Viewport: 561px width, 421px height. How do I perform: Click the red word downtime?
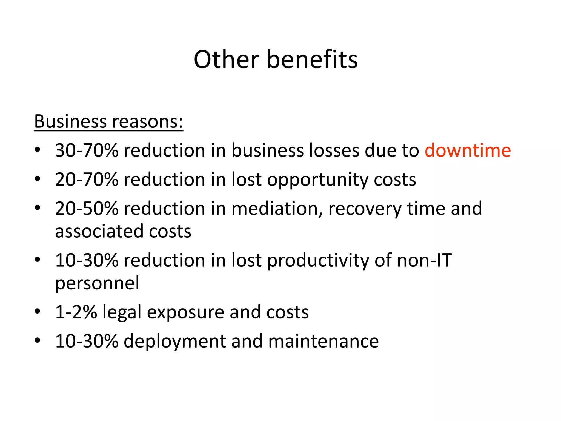click(468, 150)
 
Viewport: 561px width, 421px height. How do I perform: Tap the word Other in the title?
click(226, 59)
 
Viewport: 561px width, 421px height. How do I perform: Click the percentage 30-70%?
click(87, 150)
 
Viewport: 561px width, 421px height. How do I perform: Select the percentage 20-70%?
click(87, 180)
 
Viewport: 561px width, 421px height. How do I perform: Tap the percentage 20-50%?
click(87, 209)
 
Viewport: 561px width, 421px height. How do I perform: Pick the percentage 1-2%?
click(76, 312)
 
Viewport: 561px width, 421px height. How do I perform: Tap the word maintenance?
click(324, 341)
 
